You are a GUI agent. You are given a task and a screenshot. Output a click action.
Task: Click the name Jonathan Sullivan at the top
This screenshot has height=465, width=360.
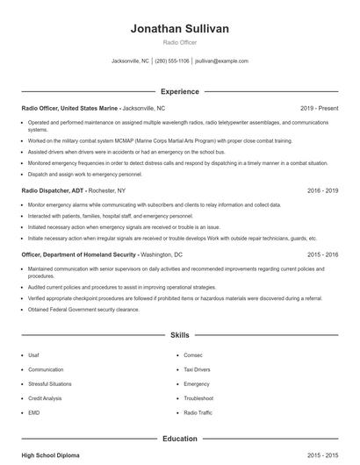coord(179,28)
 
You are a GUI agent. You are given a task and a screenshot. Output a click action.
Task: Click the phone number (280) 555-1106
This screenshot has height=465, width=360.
coord(172,61)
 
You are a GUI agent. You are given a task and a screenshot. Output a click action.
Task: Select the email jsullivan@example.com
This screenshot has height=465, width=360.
coord(221,61)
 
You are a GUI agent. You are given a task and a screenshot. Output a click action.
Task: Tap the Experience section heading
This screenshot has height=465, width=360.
coord(179,91)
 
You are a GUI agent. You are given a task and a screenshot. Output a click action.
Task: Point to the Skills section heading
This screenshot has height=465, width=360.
coord(179,335)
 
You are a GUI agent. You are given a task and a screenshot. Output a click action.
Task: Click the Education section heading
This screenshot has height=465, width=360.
coord(179,438)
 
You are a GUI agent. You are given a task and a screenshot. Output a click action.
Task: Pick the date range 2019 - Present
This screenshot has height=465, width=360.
coord(318,108)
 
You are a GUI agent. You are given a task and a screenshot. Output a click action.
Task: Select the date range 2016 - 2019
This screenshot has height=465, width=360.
coord(322,190)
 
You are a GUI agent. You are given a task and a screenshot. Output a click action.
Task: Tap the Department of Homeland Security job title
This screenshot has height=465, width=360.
coord(78,254)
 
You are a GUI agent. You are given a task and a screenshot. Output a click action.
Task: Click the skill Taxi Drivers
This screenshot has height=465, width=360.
coord(198,369)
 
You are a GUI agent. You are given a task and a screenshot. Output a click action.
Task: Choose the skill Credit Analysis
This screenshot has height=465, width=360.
coord(46,397)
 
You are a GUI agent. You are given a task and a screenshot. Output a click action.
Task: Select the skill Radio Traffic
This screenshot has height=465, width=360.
coord(198,411)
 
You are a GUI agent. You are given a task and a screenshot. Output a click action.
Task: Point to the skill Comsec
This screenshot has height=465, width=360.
coord(192,355)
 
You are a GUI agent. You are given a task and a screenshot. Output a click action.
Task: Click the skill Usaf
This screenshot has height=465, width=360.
coord(34,355)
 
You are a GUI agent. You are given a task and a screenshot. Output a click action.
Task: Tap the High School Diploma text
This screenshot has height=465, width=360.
coord(50,455)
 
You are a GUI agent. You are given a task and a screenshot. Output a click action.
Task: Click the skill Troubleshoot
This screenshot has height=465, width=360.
coord(198,397)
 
